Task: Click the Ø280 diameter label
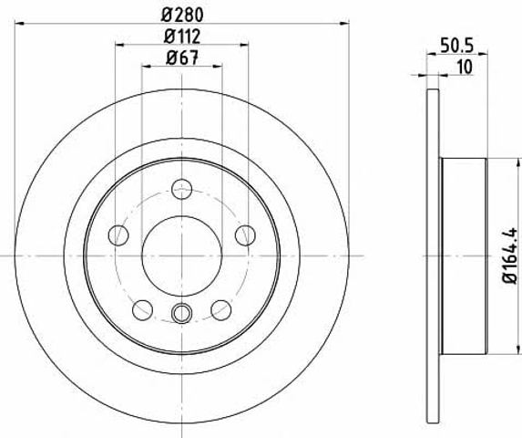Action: [182, 15]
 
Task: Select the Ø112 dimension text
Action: [182, 36]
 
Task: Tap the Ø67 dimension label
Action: [182, 57]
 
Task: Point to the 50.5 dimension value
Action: [456, 46]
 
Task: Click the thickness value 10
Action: [466, 67]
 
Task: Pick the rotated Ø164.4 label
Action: [509, 255]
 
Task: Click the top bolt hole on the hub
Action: [182, 189]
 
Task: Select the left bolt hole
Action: [118, 235]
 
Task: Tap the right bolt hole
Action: [245, 235]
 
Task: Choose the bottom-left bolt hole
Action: [142, 309]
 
